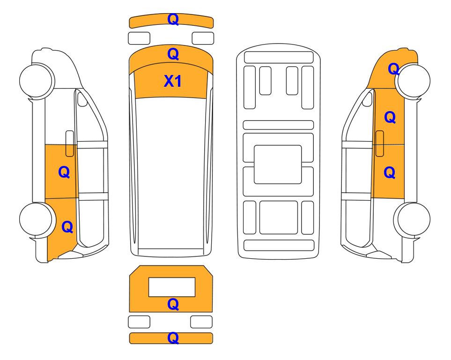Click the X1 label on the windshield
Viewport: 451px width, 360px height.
click(172, 81)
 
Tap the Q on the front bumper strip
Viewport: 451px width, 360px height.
click(173, 19)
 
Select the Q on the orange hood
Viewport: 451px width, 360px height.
click(173, 54)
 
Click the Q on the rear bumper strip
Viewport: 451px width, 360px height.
click(173, 337)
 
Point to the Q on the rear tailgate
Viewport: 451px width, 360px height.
click(173, 304)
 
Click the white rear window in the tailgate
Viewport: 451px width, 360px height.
click(172, 287)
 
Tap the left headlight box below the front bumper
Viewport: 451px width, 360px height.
click(139, 38)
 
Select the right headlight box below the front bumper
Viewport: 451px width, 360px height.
click(203, 38)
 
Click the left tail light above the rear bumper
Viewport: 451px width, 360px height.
click(139, 322)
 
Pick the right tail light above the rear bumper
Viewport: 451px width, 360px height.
click(201, 322)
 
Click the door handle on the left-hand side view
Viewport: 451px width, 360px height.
click(70, 143)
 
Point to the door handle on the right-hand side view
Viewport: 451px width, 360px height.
click(380, 143)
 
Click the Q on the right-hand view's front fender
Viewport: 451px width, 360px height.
click(393, 69)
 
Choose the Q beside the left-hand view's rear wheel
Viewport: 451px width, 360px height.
click(67, 227)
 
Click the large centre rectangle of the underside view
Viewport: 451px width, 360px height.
click(278, 165)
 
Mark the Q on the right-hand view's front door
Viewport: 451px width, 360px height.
click(390, 118)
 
